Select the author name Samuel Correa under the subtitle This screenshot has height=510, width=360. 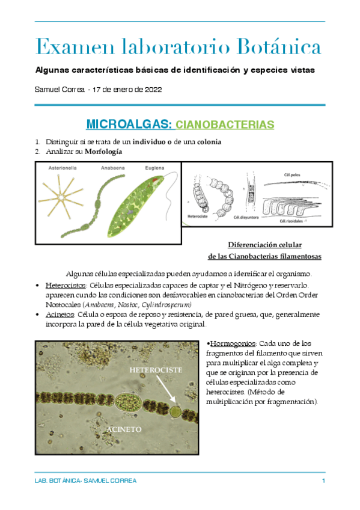60,89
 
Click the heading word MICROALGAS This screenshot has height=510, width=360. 129,124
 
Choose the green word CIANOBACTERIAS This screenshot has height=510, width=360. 225,125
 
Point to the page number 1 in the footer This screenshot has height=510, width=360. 323,481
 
